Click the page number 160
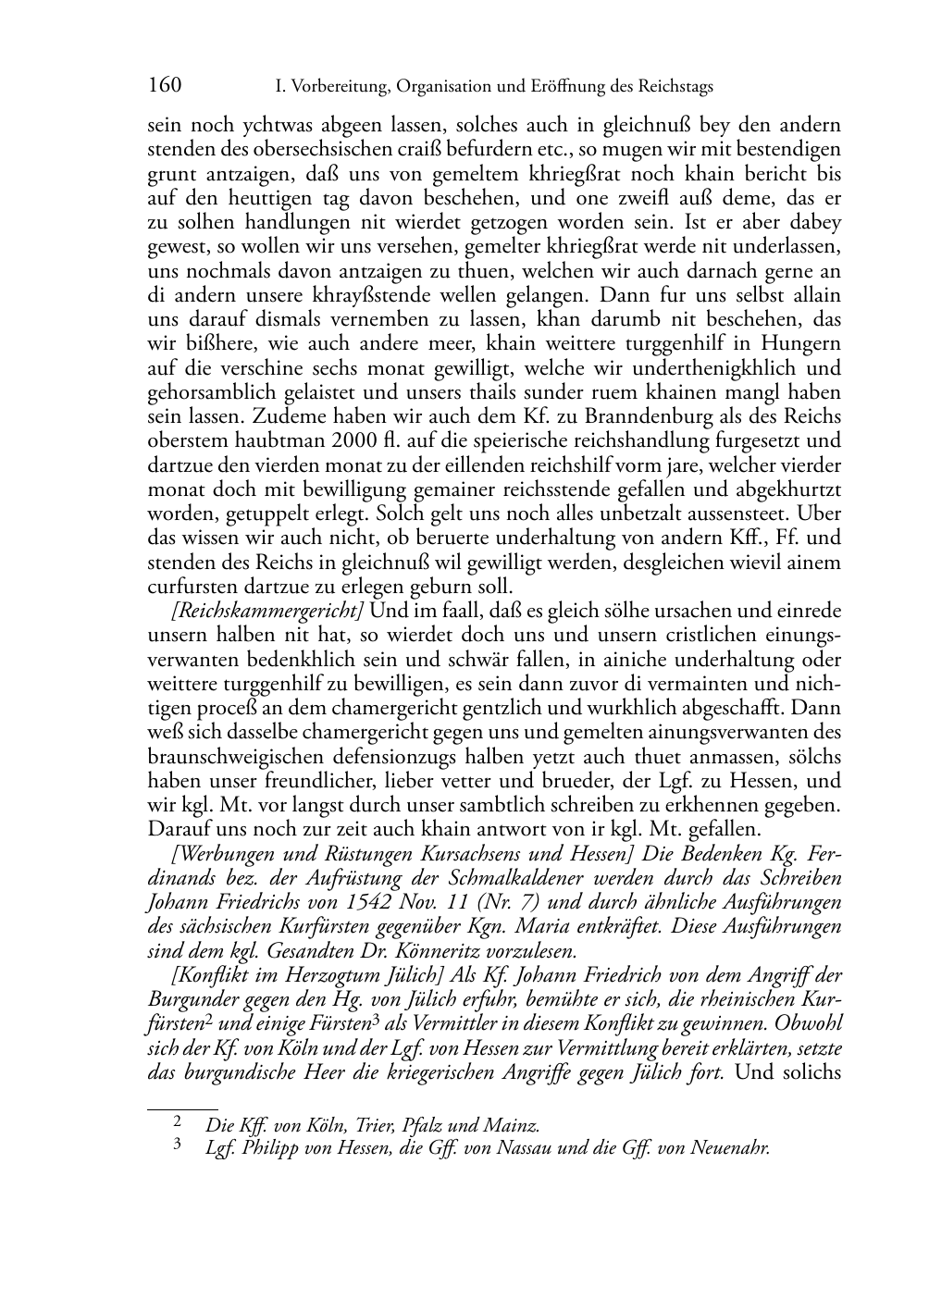[x=164, y=86]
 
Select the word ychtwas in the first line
[x=258, y=126]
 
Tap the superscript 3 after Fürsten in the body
[x=377, y=1021]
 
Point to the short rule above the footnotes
[x=182, y=1107]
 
